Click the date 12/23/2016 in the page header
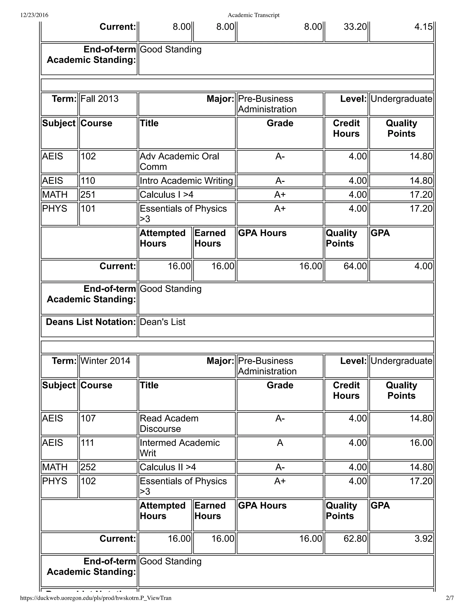(34, 15)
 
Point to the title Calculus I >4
(166, 195)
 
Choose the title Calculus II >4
(168, 467)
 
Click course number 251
(88, 195)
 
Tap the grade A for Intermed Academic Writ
(280, 443)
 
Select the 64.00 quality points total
(355, 266)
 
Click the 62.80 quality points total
(355, 538)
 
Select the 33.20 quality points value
(355, 27)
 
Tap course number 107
(88, 418)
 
